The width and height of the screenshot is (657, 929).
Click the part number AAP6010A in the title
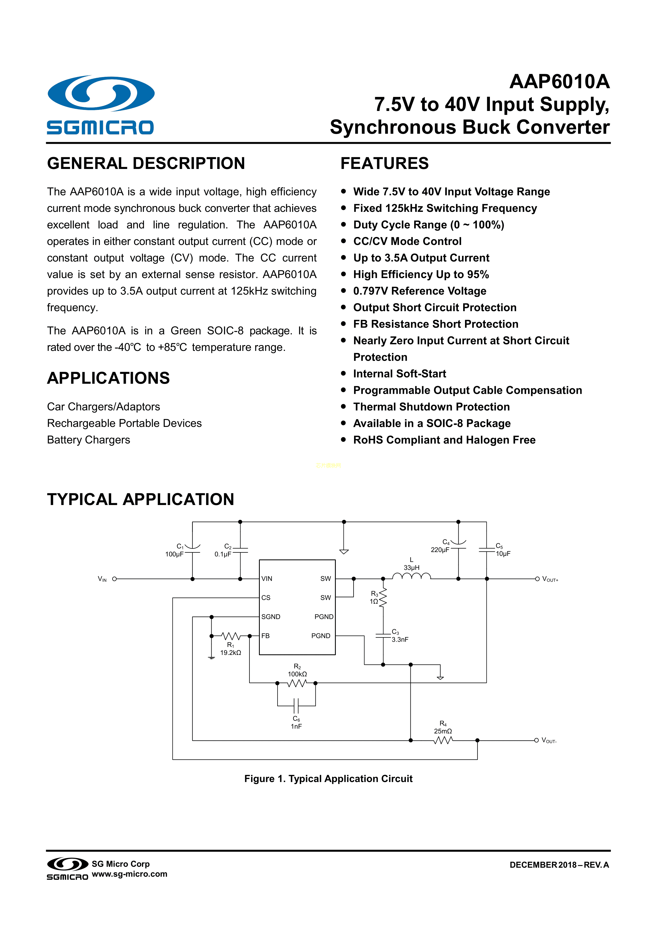click(559, 82)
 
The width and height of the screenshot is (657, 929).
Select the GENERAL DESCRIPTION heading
click(146, 163)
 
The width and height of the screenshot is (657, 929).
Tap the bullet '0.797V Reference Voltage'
click(419, 291)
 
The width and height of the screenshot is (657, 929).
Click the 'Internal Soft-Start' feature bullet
click(399, 373)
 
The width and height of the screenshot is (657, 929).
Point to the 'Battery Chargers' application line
click(89, 440)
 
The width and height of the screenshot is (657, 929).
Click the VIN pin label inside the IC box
click(267, 579)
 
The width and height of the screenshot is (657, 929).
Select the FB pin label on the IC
click(265, 636)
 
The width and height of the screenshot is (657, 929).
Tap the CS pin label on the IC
click(266, 598)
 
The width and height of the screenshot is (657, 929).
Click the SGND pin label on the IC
click(271, 617)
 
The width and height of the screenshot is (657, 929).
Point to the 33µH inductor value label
click(412, 568)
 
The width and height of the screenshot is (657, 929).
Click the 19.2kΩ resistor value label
click(231, 653)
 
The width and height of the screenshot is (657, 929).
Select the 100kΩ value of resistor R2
click(297, 674)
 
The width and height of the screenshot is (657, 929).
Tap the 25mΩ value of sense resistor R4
click(443, 731)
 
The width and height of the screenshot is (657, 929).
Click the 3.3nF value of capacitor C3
click(400, 640)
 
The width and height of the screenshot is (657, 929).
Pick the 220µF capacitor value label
click(440, 550)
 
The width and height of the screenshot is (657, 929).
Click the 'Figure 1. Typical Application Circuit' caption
click(328, 779)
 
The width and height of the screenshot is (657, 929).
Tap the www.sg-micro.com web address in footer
click(129, 874)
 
